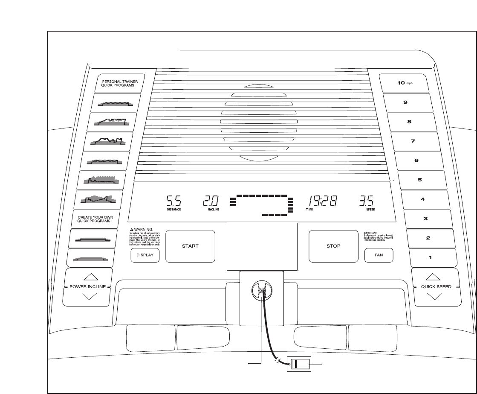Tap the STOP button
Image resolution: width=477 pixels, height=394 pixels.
(x=333, y=246)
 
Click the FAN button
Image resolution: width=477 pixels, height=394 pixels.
(x=379, y=256)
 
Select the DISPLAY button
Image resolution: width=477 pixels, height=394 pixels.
(x=145, y=256)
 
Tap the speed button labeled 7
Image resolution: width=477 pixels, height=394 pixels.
(x=413, y=141)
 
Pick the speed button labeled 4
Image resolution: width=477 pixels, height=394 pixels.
(x=422, y=199)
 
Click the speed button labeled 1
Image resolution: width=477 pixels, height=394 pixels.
(x=431, y=257)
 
